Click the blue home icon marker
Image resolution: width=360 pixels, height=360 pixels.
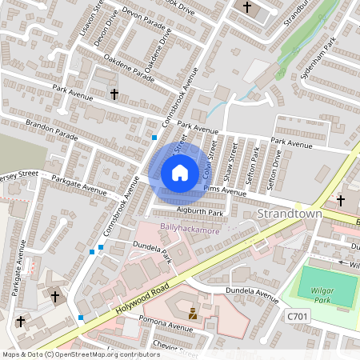(179, 172)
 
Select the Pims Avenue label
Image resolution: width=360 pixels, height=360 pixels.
(225, 190)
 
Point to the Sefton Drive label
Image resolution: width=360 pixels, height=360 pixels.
(276, 169)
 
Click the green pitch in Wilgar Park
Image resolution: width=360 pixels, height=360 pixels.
(329, 286)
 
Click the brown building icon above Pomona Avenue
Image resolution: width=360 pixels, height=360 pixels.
(192, 314)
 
